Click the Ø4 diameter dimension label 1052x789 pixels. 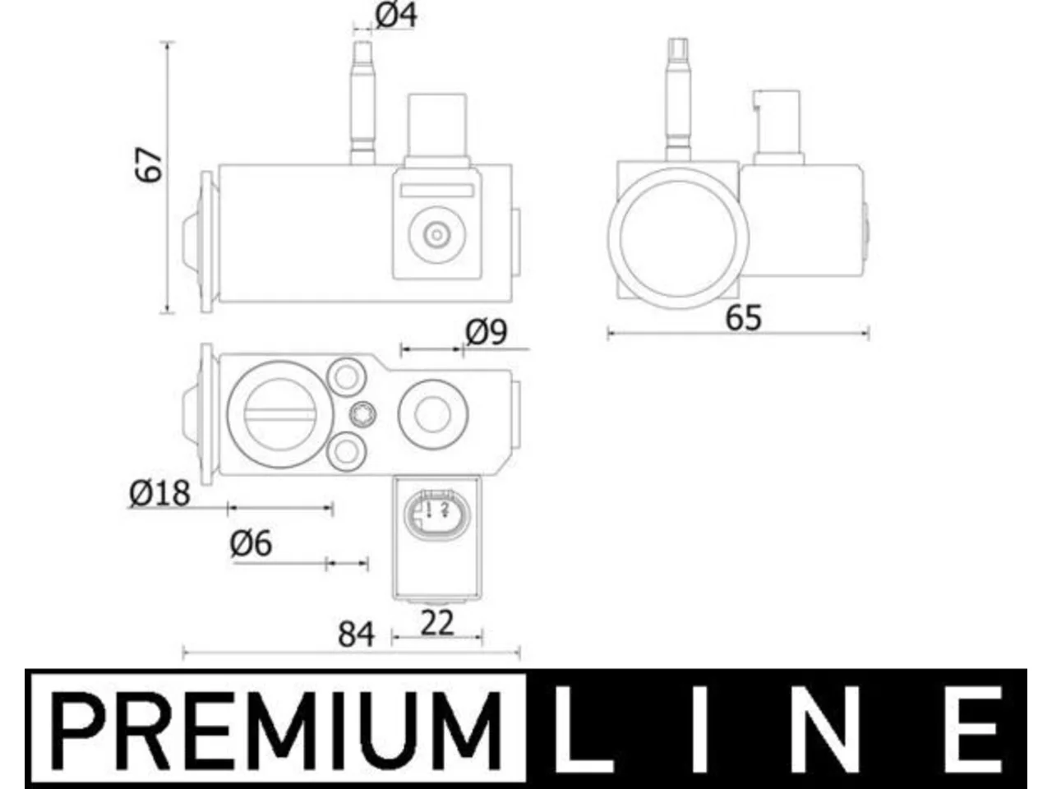coord(396,16)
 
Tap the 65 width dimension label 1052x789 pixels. coord(743,318)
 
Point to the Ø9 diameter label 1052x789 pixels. coord(486,333)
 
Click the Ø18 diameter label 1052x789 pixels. coord(159,493)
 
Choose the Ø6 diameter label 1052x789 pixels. coord(251,544)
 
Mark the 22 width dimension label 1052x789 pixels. coord(436,623)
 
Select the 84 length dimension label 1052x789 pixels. coord(356,634)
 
